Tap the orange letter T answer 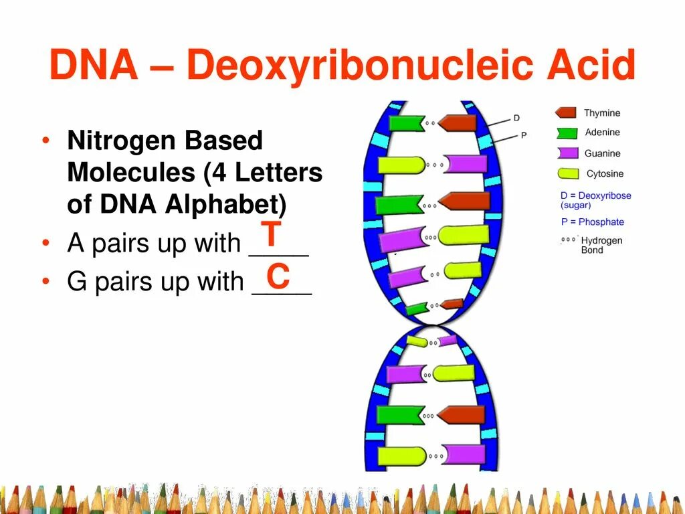tap(270, 235)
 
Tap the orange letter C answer tap(278, 276)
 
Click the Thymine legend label tap(602, 113)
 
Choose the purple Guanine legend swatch tap(567, 153)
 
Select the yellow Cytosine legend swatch tap(568, 174)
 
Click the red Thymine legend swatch tap(565, 113)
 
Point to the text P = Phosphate tap(592, 222)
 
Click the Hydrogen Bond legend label tap(601, 245)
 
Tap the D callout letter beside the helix tap(516, 118)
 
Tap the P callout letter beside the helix tap(524, 135)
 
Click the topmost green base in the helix tap(405, 123)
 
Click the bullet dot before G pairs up tap(45, 282)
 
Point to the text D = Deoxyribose tap(595, 195)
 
